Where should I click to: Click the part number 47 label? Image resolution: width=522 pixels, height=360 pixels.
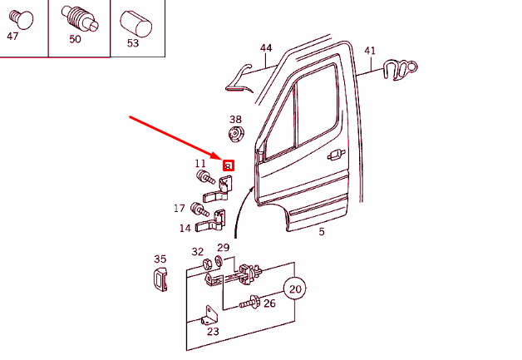[12, 37]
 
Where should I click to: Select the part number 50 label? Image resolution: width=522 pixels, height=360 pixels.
[75, 39]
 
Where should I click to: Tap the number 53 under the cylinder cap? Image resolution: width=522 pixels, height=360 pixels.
[133, 42]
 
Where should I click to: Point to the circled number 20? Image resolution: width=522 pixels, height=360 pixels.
[295, 290]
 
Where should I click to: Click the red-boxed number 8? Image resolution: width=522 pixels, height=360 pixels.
[228, 166]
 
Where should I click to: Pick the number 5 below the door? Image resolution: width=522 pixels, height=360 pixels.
[322, 232]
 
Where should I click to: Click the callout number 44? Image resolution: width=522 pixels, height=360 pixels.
[266, 48]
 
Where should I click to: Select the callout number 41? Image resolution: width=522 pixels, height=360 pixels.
[370, 51]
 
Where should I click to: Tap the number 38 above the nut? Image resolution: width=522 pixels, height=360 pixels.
[235, 120]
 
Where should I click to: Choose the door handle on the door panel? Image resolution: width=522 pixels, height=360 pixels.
[336, 154]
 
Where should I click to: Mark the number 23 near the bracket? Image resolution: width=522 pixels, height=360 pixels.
[213, 332]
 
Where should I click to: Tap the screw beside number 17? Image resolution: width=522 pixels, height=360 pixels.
[197, 208]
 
